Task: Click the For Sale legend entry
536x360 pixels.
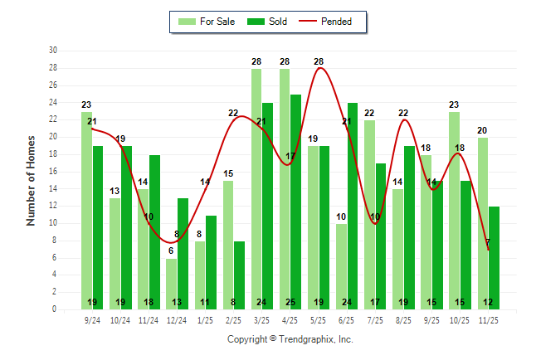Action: (207, 22)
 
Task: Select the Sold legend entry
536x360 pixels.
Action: (268, 22)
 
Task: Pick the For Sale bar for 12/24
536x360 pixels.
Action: (171, 284)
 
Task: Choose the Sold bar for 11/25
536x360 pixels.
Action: (495, 257)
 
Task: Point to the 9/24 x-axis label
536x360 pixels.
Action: (92, 319)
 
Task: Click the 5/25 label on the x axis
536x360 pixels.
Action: (319, 319)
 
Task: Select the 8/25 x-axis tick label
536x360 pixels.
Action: (404, 319)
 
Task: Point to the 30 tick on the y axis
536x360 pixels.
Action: (53, 51)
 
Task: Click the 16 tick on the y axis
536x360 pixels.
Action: (53, 172)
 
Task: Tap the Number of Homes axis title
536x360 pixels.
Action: (32, 180)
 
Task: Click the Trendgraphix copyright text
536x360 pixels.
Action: (290, 339)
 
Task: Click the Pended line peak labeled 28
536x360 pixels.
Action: (319, 68)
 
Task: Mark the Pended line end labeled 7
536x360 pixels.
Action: (489, 249)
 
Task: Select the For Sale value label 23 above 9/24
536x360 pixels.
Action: (86, 105)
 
